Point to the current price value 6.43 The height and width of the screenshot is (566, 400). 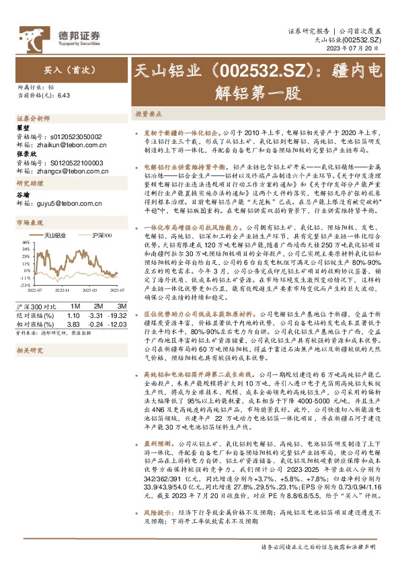(65, 96)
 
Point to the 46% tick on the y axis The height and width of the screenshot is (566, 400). (24, 242)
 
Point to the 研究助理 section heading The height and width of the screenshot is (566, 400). (28, 184)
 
